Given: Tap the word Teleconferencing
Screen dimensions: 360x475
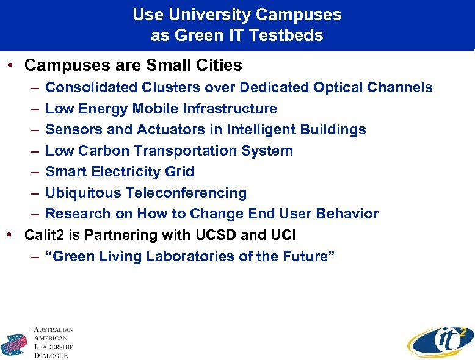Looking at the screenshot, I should [186, 193].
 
